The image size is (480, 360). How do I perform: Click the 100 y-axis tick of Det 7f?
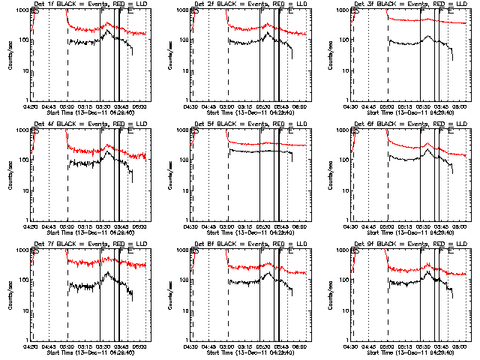pyautogui.click(x=22, y=280)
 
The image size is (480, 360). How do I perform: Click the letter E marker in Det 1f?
pyautogui.click(x=130, y=12)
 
